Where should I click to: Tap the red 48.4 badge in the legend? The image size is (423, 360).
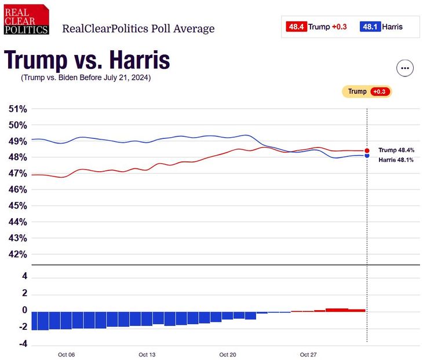(x=296, y=27)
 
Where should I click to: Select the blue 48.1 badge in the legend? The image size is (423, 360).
(x=370, y=27)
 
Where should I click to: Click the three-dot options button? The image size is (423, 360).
(x=404, y=68)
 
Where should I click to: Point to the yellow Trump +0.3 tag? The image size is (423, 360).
(x=367, y=91)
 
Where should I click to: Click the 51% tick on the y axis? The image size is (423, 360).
(x=18, y=109)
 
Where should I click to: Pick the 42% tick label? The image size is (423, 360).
(x=18, y=254)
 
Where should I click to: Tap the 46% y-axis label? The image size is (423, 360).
(x=18, y=189)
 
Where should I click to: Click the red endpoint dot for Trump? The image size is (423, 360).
(x=367, y=150)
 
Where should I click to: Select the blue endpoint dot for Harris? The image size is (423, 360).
(x=367, y=156)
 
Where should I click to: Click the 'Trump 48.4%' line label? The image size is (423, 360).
(x=396, y=150)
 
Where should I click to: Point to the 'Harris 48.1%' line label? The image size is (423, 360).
(x=396, y=160)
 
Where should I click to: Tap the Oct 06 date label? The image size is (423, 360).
(x=67, y=354)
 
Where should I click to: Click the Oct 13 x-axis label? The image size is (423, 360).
(x=147, y=354)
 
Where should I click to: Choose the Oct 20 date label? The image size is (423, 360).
(x=228, y=354)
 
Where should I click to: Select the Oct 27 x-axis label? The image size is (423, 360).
(x=308, y=354)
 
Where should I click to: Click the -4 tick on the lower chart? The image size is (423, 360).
(x=23, y=344)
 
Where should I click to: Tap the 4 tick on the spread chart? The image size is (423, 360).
(x=25, y=277)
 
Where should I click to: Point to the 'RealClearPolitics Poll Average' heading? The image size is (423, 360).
(x=138, y=28)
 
